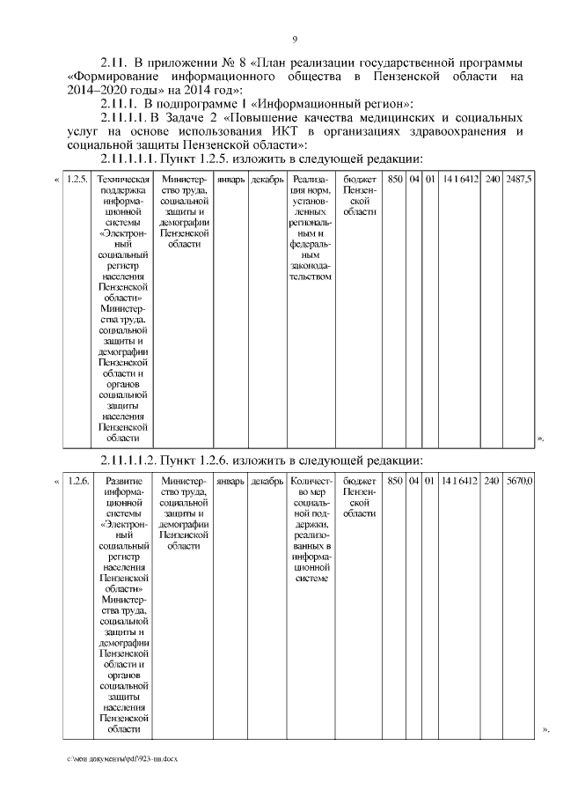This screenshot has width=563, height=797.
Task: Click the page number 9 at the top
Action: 295,39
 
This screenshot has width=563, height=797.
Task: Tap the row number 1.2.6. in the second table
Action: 77,482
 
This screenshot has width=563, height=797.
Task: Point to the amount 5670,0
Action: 519,482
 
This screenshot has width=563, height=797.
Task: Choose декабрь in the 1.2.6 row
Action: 267,482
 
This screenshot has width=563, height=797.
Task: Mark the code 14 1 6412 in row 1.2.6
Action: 460,482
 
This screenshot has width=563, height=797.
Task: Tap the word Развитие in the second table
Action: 119,482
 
